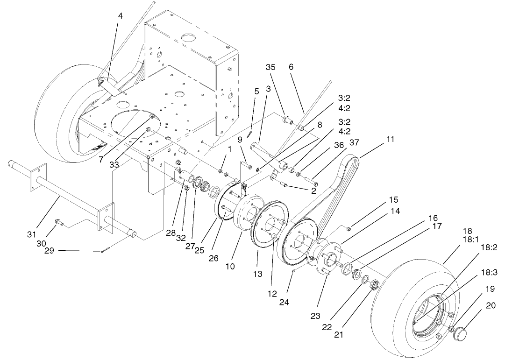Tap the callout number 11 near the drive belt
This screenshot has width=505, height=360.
point(391,139)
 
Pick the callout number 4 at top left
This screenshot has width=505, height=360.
point(120,16)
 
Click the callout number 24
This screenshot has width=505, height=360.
point(284,302)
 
